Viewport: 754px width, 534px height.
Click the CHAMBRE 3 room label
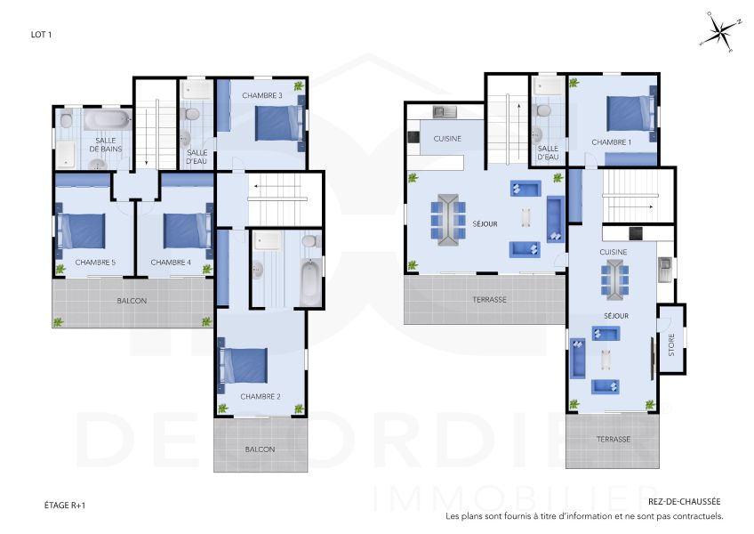coord(262,95)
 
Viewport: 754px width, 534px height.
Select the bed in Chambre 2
coord(245,366)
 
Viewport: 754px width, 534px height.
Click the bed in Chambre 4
coord(185,231)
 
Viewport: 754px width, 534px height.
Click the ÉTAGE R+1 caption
coord(64,505)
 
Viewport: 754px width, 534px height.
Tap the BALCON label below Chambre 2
coord(260,449)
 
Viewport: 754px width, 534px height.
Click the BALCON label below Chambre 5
coord(132,300)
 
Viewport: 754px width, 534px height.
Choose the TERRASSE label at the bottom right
coord(614,439)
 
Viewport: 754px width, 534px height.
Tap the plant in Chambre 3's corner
coord(300,86)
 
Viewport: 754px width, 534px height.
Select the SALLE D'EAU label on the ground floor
coord(549,153)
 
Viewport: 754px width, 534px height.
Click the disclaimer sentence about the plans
coord(584,515)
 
